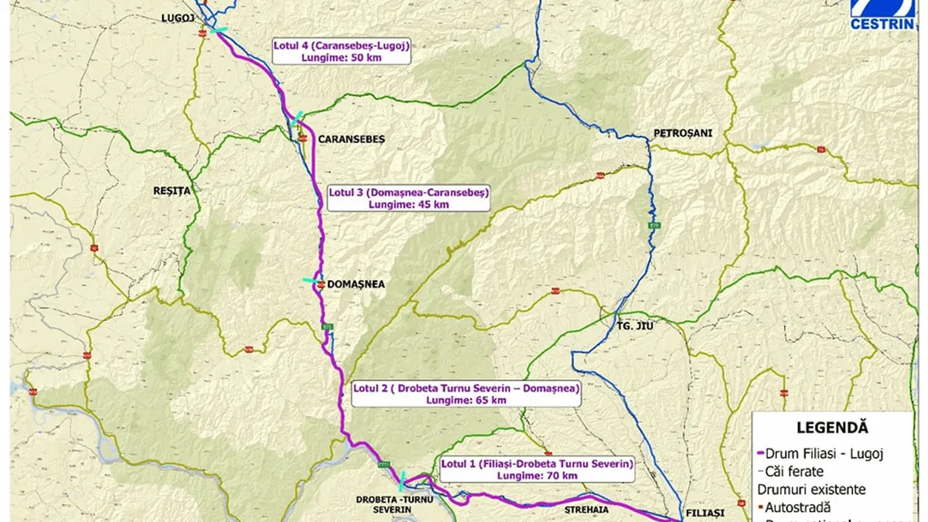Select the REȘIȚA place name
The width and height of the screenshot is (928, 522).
pos(171,189)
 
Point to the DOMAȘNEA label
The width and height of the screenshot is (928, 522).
pos(357,284)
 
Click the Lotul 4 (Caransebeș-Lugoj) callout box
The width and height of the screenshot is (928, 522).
pos(340,51)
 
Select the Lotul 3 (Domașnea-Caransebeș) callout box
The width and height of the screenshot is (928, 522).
pos(408,198)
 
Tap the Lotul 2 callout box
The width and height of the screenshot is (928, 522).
pos(466,394)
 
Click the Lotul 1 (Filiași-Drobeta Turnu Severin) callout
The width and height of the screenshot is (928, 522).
pos(537,469)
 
